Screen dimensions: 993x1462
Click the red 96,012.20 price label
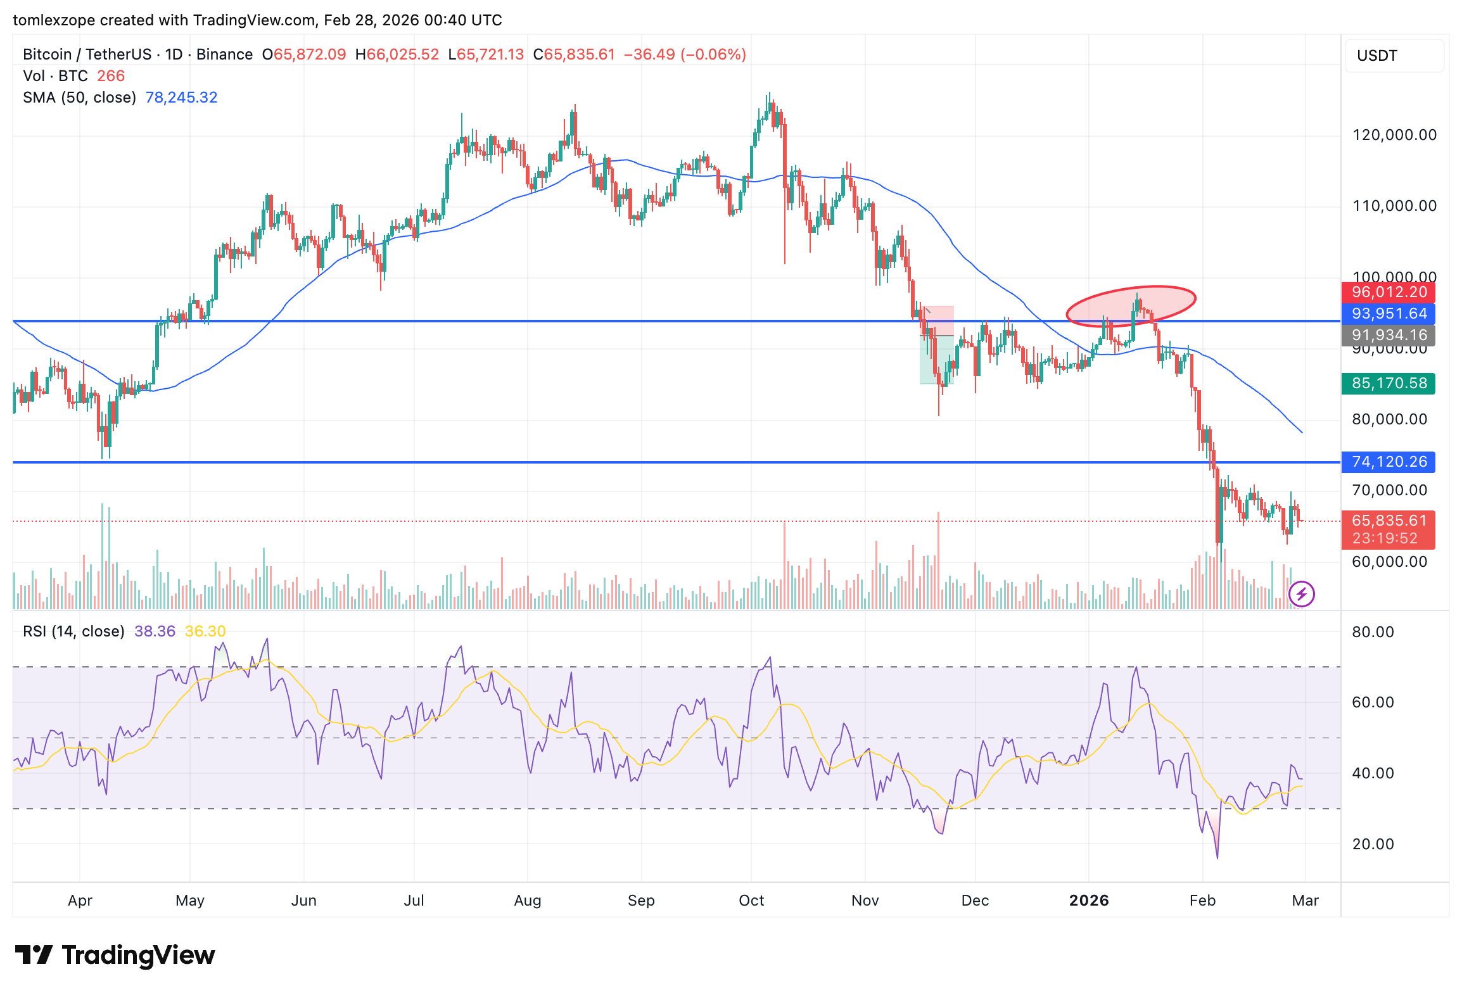(1389, 293)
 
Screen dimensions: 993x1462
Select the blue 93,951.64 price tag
(1389, 314)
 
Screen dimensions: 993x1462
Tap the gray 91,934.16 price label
(1389, 335)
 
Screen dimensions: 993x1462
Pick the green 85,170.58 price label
(1389, 384)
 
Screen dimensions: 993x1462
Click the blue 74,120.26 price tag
(1389, 462)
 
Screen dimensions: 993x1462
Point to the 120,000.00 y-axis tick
(1394, 135)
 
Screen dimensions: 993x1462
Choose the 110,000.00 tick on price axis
(1394, 206)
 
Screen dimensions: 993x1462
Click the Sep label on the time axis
(641, 901)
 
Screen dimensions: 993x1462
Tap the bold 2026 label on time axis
(1089, 901)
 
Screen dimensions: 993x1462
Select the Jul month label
(414, 901)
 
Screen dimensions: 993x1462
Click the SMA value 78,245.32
(181, 98)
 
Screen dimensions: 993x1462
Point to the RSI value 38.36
(155, 631)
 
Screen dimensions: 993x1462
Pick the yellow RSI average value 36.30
(205, 631)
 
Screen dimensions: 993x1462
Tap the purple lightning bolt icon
(1302, 594)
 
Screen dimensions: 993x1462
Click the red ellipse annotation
(1131, 306)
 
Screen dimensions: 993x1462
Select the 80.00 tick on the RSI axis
(1373, 632)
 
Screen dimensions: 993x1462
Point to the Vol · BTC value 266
(111, 76)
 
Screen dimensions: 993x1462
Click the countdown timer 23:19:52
(1385, 539)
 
